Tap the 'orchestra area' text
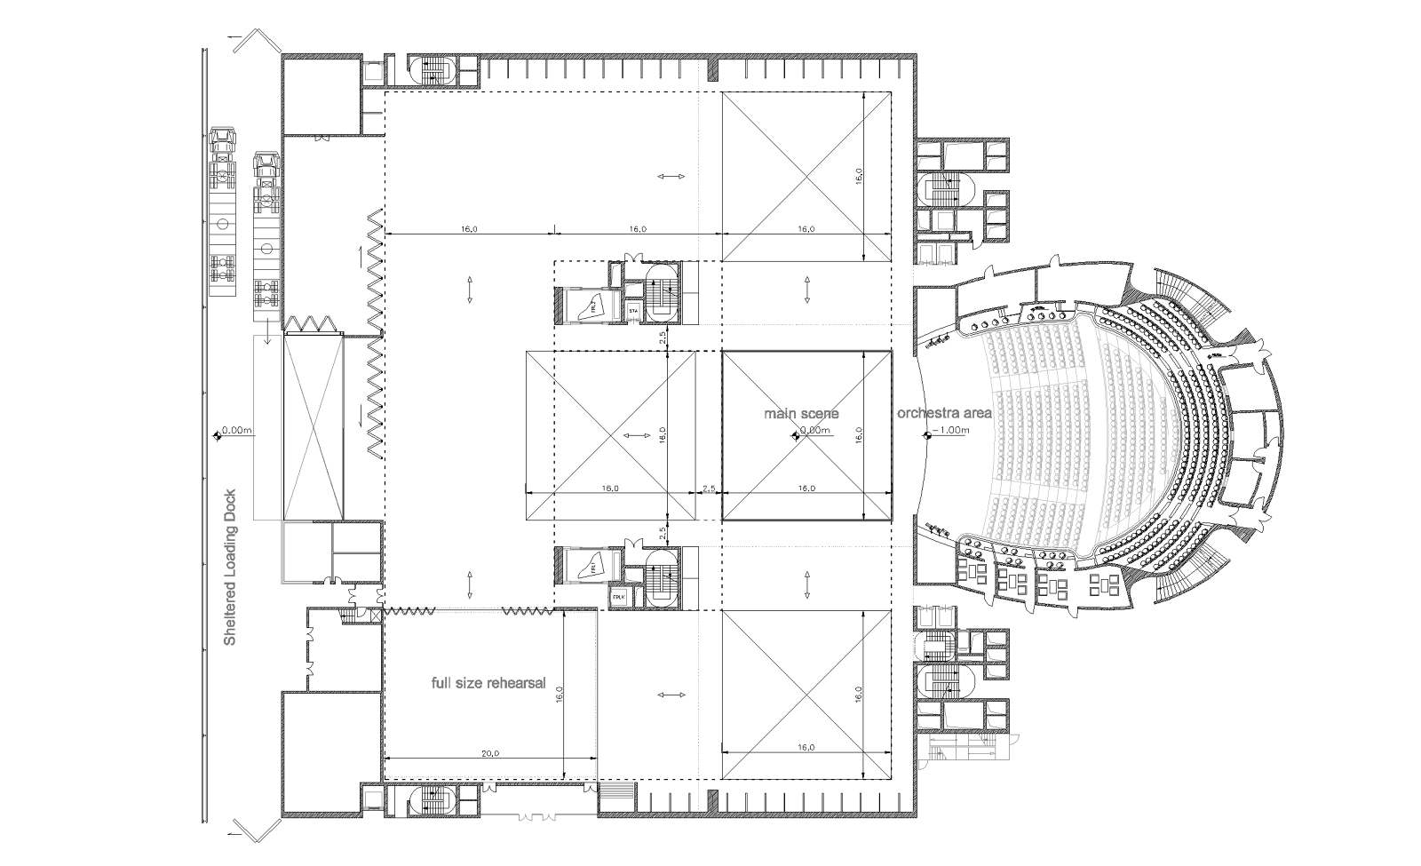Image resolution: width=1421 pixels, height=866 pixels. tap(943, 413)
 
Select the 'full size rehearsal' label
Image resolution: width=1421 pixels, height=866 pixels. tap(488, 684)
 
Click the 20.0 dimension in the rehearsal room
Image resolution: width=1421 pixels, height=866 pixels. tap(489, 752)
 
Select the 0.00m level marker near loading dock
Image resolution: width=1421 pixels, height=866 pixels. tap(236, 431)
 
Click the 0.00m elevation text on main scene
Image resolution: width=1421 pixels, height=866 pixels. tap(814, 431)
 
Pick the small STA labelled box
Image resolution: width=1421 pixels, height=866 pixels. tap(633, 312)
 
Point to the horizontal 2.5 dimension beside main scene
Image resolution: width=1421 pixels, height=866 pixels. tap(708, 488)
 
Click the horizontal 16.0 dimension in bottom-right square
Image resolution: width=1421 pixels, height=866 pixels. tap(805, 747)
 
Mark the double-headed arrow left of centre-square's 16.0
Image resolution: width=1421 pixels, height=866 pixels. tap(634, 435)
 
